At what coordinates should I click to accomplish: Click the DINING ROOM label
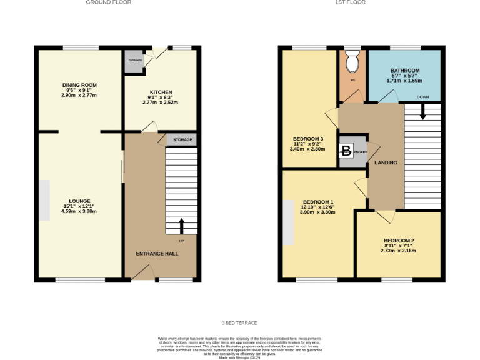tap(79, 85)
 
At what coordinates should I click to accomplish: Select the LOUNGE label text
tap(79, 201)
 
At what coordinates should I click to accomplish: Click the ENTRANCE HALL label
tap(157, 254)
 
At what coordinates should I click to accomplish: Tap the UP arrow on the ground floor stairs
tap(182, 225)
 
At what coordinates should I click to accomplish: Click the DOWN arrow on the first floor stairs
tap(423, 111)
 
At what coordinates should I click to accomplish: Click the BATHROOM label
tap(404, 71)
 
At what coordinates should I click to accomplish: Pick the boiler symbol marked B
tap(346, 151)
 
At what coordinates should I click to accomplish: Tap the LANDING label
tap(386, 163)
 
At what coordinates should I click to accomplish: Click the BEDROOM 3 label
tap(308, 139)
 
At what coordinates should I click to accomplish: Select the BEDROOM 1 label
tap(318, 202)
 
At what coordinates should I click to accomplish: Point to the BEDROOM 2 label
tap(399, 241)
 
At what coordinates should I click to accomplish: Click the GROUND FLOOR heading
tap(109, 2)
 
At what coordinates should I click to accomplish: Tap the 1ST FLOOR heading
tap(350, 2)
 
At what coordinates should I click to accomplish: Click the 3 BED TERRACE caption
tap(239, 323)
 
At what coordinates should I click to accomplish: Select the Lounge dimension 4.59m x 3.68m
tap(79, 212)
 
